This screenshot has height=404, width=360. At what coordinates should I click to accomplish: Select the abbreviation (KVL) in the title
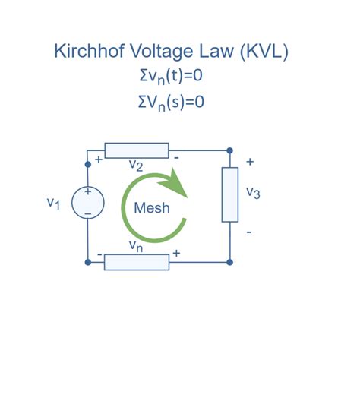pyautogui.click(x=257, y=52)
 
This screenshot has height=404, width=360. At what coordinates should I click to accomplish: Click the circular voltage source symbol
pyautogui.click(x=87, y=203)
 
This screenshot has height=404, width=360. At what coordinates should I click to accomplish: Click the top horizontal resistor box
pyautogui.click(x=135, y=150)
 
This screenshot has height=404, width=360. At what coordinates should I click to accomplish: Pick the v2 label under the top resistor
pyautogui.click(x=136, y=165)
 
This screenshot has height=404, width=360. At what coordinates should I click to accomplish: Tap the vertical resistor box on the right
pyautogui.click(x=230, y=195)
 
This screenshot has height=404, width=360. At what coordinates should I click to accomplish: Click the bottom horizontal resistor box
pyautogui.click(x=135, y=262)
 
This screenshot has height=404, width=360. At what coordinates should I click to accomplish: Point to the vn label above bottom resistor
pyautogui.click(x=136, y=246)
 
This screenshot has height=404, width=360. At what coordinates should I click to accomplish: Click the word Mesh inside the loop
pyautogui.click(x=152, y=207)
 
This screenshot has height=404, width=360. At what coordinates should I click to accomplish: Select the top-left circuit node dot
pyautogui.click(x=88, y=150)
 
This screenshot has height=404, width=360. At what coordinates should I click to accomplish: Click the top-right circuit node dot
pyautogui.click(x=230, y=150)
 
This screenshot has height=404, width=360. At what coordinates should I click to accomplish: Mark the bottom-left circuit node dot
pyautogui.click(x=88, y=262)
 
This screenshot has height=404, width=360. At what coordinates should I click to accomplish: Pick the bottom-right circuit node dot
pyautogui.click(x=230, y=262)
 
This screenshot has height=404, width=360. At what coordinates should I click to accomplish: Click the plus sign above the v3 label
pyautogui.click(x=250, y=163)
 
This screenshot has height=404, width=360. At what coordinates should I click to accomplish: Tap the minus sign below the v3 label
pyautogui.click(x=250, y=231)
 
